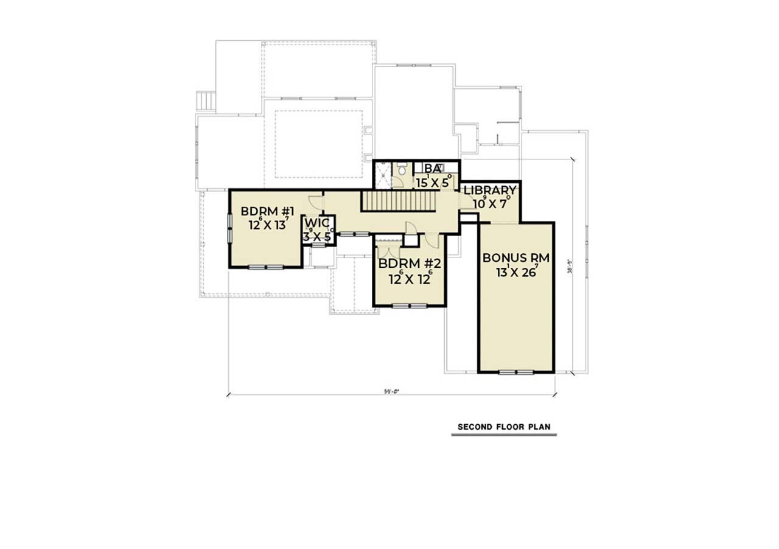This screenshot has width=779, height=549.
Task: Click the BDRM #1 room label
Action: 267,212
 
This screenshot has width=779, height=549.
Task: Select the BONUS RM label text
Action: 515,258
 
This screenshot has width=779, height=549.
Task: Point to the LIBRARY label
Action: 490,191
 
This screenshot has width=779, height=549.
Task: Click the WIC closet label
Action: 316,223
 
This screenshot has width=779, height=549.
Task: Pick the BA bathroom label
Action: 432,169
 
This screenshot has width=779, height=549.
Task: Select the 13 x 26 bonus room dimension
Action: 517,271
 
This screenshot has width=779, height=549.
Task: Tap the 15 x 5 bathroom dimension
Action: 433,181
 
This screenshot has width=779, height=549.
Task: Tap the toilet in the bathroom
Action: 401,173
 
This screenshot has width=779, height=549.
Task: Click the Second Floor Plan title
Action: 504,427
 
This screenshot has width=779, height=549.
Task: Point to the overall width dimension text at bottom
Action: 391,391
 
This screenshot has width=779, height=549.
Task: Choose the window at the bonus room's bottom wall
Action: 516,371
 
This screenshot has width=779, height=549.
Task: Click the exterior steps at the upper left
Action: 206,101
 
